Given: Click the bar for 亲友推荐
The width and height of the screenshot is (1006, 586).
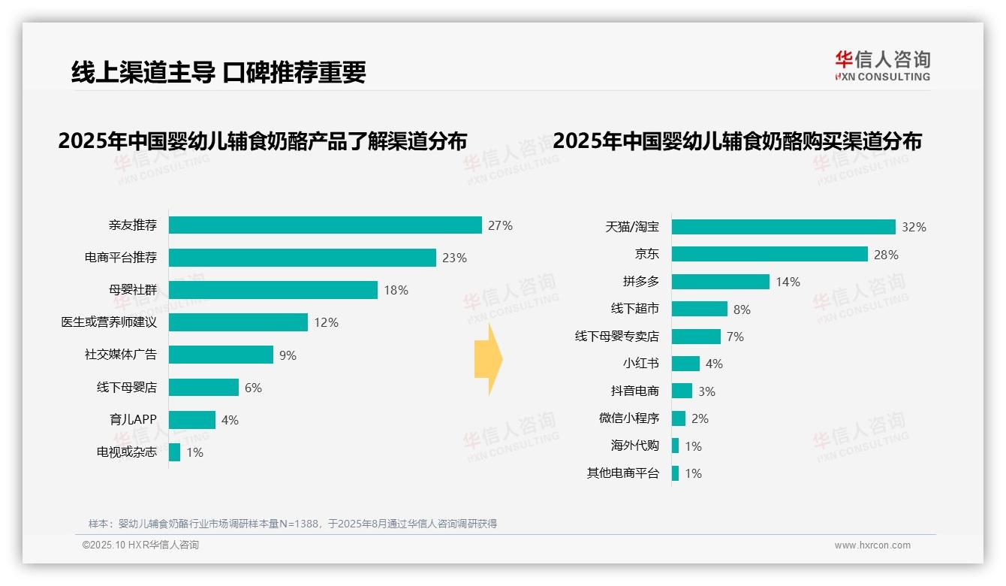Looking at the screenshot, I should (x=325, y=225).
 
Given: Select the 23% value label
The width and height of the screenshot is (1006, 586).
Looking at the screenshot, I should (x=454, y=258).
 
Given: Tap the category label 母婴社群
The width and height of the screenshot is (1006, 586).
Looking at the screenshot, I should (x=132, y=290).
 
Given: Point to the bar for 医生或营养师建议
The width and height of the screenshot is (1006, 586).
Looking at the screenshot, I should (x=238, y=322).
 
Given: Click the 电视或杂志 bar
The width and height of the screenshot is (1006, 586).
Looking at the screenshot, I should (x=174, y=452).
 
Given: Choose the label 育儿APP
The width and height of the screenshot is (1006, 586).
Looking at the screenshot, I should (x=133, y=420).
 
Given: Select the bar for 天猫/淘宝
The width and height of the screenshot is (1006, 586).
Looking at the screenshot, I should (x=783, y=227).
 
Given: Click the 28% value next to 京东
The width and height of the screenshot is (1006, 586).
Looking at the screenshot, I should (x=886, y=255).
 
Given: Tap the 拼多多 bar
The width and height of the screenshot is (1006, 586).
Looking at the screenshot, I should (x=720, y=282).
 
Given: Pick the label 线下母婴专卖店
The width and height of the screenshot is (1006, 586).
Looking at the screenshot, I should (x=616, y=337).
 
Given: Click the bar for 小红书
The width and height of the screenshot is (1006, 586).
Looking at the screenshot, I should (x=685, y=364).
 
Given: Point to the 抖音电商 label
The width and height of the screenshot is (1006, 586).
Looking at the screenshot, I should (x=634, y=391).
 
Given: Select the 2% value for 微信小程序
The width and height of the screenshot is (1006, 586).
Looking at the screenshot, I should (x=700, y=418).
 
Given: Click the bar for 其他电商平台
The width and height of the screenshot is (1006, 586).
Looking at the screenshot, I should (x=675, y=473).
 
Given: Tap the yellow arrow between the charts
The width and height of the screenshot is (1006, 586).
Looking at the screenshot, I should (x=489, y=360).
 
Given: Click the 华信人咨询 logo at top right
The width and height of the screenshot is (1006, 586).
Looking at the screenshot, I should (x=882, y=66).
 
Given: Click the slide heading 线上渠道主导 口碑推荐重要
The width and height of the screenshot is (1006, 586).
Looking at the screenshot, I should (x=218, y=72).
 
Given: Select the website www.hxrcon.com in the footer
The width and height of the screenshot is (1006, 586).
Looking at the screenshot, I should (x=872, y=545).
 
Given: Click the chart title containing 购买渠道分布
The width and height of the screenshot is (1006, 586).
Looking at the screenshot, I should (x=736, y=141).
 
